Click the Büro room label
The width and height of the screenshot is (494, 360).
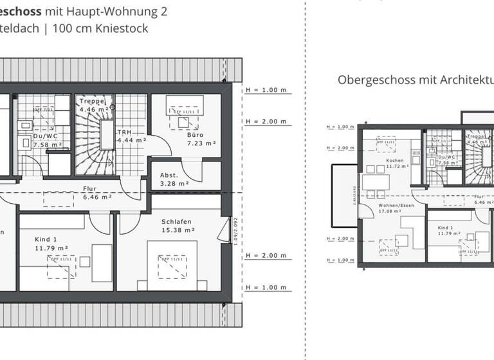196,135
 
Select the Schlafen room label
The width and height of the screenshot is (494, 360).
178,221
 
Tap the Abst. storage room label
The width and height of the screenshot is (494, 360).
169,175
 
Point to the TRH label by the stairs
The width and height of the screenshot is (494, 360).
123,132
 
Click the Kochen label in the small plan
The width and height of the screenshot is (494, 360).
394,160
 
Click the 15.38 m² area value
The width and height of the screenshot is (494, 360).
178,229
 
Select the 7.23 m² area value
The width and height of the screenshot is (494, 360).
201,143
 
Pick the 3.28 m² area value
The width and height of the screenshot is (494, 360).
174,183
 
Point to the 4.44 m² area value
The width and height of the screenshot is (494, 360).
132,139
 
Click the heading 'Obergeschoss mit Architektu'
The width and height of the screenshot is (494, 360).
416,80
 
